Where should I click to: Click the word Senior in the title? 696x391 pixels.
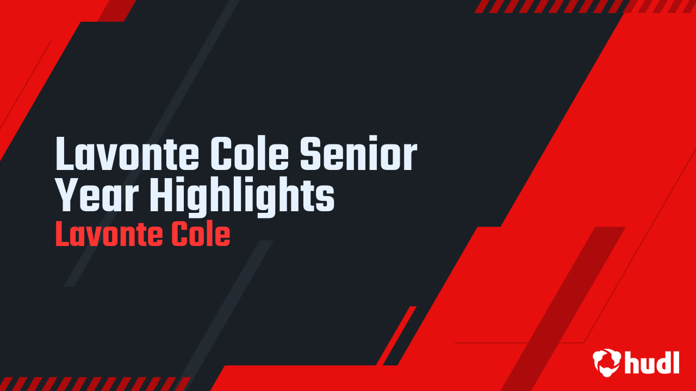coord(358,153)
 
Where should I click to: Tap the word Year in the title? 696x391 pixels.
coord(97,195)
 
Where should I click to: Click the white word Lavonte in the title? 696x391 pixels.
coord(127,153)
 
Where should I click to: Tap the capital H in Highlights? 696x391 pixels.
coord(161,195)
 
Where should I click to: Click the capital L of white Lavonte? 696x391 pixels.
coord(65,153)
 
